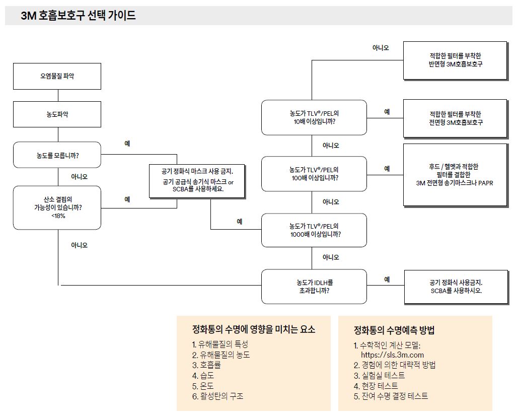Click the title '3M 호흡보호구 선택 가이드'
pyautogui.click(x=79, y=16)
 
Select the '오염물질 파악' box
pyautogui.click(x=57, y=77)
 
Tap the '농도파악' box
pyautogui.click(x=57, y=114)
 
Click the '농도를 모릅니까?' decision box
pyautogui.click(x=57, y=155)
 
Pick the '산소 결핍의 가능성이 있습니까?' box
pyautogui.click(x=57, y=207)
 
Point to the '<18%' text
pyautogui.click(x=58, y=216)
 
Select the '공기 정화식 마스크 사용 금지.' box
pyautogui.click(x=197, y=181)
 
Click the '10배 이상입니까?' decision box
pyautogui.click(x=314, y=117)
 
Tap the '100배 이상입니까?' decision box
pyautogui.click(x=314, y=174)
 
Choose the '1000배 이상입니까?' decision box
pyautogui.click(x=314, y=230)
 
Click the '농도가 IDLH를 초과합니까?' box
pyautogui.click(x=314, y=287)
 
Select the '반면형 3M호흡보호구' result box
pyautogui.click(x=455, y=60)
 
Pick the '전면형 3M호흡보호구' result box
pyautogui.click(x=455, y=118)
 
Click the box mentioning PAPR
pyautogui.click(x=455, y=175)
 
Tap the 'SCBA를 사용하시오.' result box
pyautogui.click(x=456, y=287)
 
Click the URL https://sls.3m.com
pyautogui.click(x=392, y=355)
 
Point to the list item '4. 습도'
pyautogui.click(x=203, y=375)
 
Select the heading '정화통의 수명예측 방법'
pyautogui.click(x=394, y=330)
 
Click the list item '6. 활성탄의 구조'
pyautogui.click(x=217, y=396)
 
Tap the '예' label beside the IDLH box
pyautogui.click(x=387, y=280)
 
